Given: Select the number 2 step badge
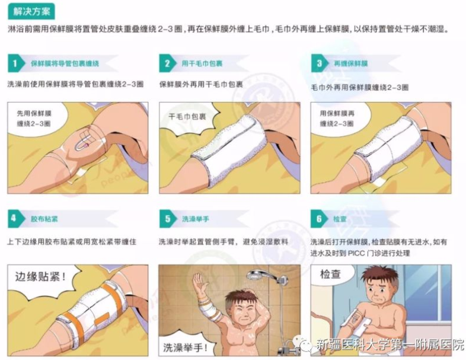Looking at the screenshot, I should click(168, 63).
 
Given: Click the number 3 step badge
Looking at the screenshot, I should click(320, 63).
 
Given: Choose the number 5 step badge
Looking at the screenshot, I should click(168, 219).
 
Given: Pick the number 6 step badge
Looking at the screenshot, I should click(320, 219).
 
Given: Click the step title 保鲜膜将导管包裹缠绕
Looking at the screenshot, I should click(65, 63).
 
